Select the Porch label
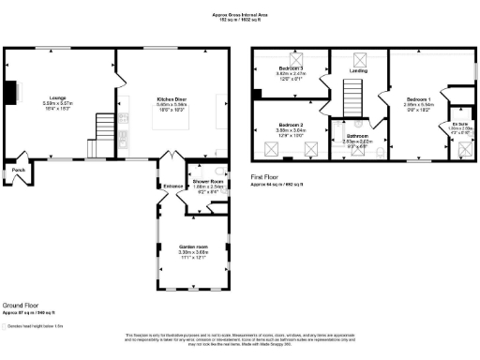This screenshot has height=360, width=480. click(x=18, y=170)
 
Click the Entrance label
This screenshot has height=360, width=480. click(x=173, y=187)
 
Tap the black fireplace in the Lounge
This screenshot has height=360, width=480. click(x=11, y=93)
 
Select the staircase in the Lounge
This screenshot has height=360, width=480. click(x=100, y=132)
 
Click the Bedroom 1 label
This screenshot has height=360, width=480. click(x=419, y=98)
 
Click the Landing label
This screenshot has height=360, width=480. click(x=358, y=70)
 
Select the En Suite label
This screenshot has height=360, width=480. click(x=459, y=125)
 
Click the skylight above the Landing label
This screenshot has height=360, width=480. click(x=358, y=57)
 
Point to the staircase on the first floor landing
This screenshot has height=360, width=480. click(x=352, y=95)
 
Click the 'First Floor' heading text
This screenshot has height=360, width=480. click(x=267, y=176)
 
